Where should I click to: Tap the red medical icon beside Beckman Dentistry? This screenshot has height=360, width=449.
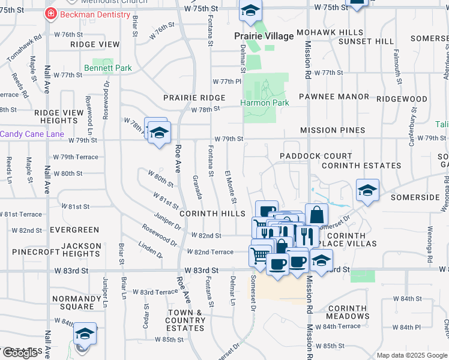click(52, 14)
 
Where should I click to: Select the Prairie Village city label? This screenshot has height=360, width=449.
click(264, 36)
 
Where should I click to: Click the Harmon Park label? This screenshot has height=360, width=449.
click(265, 103)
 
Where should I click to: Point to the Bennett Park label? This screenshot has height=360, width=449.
click(108, 68)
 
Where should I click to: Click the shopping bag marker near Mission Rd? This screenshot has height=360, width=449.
click(317, 215)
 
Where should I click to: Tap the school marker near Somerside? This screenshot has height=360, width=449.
click(367, 190)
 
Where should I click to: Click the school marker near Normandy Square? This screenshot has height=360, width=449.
click(85, 334)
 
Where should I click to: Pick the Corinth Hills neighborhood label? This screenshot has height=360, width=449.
click(212, 214)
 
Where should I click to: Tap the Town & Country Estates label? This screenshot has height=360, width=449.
click(185, 320)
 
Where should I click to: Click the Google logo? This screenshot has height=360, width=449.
click(20, 353)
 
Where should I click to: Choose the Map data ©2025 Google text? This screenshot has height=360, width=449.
click(412, 355)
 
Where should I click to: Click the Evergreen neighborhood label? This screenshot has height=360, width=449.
click(74, 230)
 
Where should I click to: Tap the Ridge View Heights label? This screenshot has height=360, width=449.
click(59, 116)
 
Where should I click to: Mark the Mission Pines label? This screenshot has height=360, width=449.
click(333, 130)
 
